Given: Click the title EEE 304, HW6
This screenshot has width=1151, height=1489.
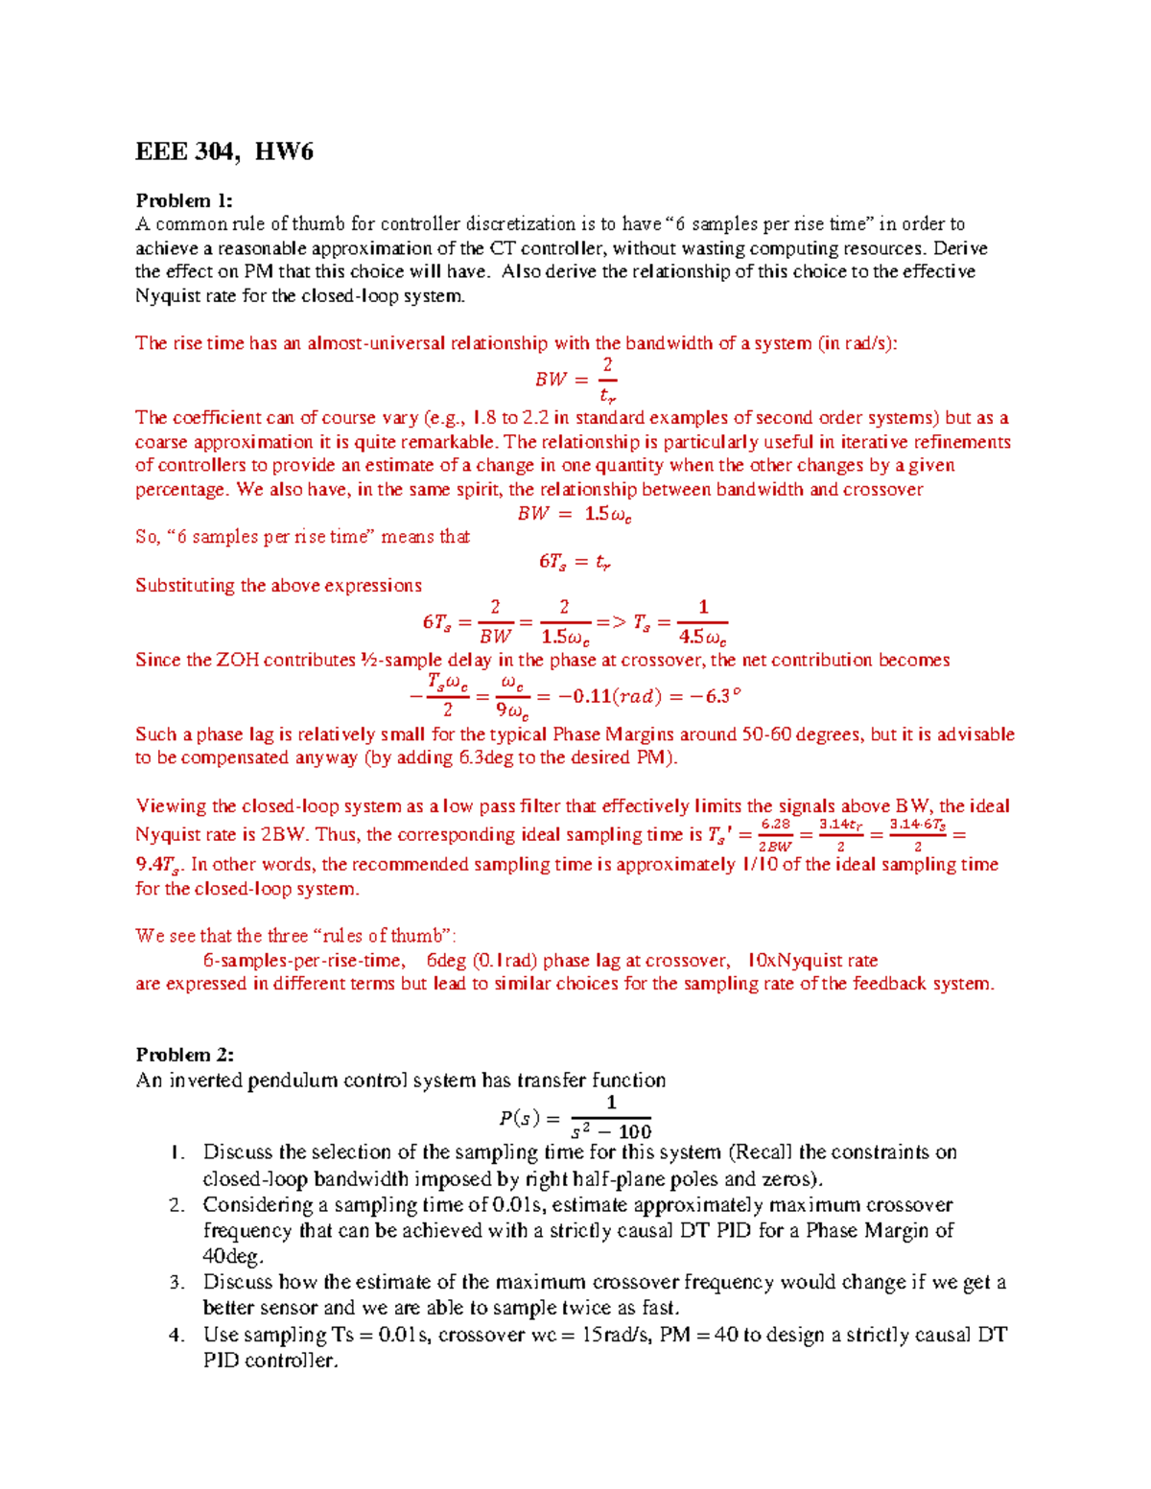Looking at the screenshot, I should (224, 151).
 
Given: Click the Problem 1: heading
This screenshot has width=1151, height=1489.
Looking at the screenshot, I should (184, 200).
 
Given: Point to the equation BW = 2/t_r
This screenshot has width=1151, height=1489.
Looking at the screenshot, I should (575, 379).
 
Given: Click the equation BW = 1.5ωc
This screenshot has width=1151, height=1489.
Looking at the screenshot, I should (575, 514).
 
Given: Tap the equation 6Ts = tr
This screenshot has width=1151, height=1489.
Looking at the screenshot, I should (575, 562).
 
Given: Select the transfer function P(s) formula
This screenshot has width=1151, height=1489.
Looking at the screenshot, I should (575, 1117).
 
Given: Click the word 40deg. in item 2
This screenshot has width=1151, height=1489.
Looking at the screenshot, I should (232, 1256).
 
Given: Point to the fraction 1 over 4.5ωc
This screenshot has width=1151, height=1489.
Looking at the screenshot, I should (702, 622).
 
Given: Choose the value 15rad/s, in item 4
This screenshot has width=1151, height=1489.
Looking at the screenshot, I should (617, 1335).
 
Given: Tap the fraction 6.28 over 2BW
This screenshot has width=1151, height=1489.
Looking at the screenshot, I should (775, 834).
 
